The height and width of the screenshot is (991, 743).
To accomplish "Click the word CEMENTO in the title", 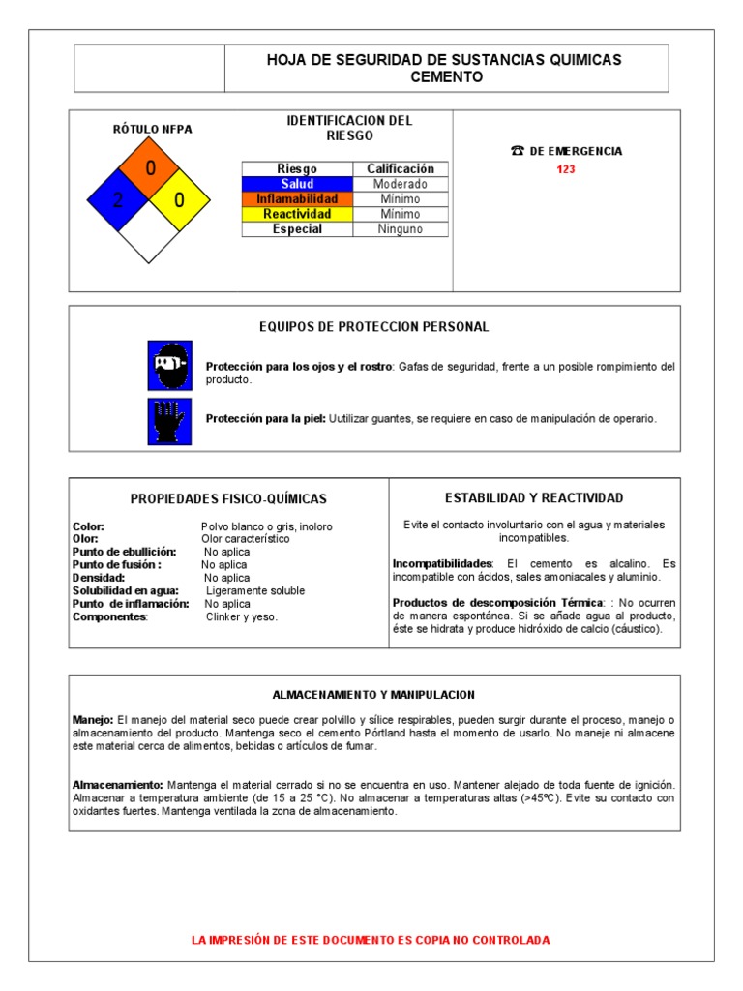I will pyautogui.click(x=446, y=77).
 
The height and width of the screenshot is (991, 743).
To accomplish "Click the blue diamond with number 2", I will pyautogui.click(x=118, y=200).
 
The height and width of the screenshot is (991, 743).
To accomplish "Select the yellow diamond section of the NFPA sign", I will pyautogui.click(x=180, y=200).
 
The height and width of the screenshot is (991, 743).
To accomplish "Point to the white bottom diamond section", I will pyautogui.click(x=149, y=232).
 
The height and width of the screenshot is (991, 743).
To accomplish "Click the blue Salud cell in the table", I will pyautogui.click(x=296, y=184).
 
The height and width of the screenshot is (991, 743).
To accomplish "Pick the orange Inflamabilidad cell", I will pyautogui.click(x=296, y=198).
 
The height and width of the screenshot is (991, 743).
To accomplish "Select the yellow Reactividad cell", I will pyautogui.click(x=296, y=214).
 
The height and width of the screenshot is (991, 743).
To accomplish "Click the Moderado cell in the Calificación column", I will pyautogui.click(x=400, y=184).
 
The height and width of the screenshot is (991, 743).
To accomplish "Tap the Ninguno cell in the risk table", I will pyautogui.click(x=400, y=229).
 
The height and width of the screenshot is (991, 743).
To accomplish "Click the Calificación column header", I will pyautogui.click(x=400, y=168).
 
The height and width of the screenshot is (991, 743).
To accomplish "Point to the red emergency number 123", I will pyautogui.click(x=566, y=170).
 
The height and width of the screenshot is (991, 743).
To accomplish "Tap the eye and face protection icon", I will pyautogui.click(x=169, y=365).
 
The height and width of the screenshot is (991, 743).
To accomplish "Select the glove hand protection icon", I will pyautogui.click(x=169, y=421).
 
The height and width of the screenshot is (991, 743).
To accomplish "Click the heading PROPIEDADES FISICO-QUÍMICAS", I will pyautogui.click(x=228, y=499).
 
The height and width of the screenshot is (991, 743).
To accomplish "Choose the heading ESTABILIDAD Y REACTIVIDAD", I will pyautogui.click(x=534, y=497).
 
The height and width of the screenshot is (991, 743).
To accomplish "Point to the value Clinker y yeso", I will pyautogui.click(x=241, y=616).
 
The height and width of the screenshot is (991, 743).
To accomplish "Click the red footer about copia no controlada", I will pyautogui.click(x=371, y=940).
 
